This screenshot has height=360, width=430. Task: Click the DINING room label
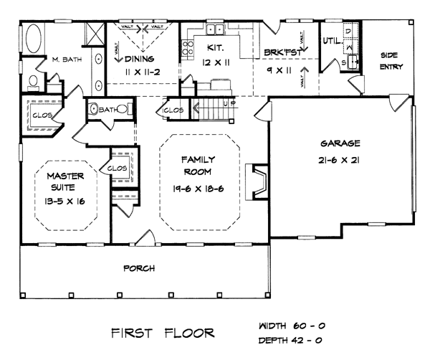[x=140, y=59]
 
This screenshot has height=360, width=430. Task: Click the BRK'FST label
[x=278, y=52]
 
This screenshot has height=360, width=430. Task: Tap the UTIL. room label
[x=330, y=40]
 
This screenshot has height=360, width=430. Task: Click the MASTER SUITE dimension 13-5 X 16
[x=65, y=202]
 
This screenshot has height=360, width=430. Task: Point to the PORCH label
[x=139, y=268]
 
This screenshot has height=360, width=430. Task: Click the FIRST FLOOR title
[x=162, y=333]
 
